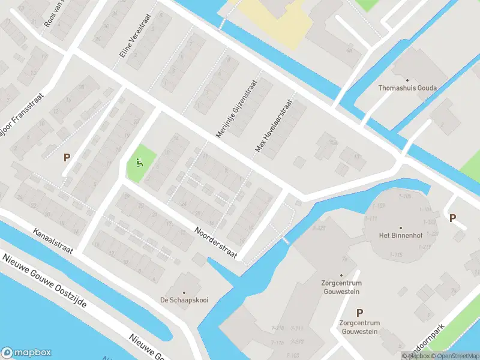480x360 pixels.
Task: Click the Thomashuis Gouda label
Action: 407,88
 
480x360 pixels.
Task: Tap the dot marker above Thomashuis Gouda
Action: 407,79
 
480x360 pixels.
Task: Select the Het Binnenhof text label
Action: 397,235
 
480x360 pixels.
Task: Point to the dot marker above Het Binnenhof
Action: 397,226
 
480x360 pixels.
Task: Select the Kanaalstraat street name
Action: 53,241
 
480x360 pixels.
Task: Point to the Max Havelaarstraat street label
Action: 276,124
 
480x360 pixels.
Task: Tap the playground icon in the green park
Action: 140,161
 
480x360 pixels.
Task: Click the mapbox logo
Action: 26,353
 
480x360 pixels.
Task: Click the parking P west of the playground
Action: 67,158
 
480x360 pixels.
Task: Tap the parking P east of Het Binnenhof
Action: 452,218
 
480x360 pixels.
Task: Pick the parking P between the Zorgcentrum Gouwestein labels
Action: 359,312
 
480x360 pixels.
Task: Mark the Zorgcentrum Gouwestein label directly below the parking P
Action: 359,326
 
